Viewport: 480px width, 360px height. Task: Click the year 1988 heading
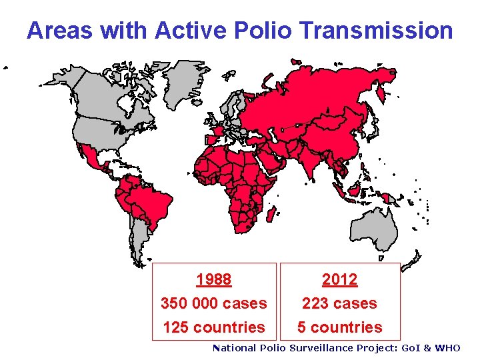(x=213, y=279)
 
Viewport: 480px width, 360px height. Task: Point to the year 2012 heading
(x=339, y=279)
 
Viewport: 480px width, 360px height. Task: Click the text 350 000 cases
(x=213, y=303)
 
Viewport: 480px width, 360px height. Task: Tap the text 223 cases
(x=339, y=303)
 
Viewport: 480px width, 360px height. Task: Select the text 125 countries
(x=213, y=327)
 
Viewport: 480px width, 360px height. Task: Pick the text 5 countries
(x=339, y=327)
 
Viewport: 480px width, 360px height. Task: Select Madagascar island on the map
(x=271, y=214)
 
